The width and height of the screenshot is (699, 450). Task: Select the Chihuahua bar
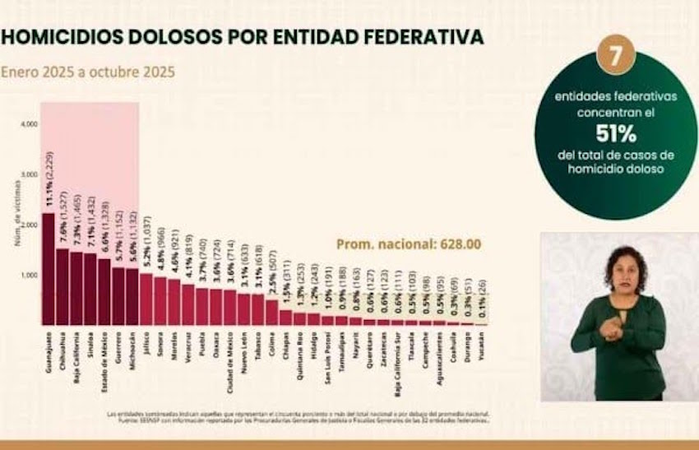point(62,287)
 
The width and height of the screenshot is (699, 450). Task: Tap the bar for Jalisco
point(146,299)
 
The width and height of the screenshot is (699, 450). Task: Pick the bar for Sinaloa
point(90,290)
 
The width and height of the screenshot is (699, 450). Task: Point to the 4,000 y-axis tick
point(29,124)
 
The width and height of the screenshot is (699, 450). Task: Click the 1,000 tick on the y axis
point(29,275)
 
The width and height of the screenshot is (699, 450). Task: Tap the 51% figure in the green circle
point(614,132)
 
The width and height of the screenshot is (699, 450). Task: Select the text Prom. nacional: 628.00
point(409,244)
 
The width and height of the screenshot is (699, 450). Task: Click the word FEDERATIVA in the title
point(423,37)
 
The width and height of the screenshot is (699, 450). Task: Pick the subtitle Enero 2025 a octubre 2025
point(88,72)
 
